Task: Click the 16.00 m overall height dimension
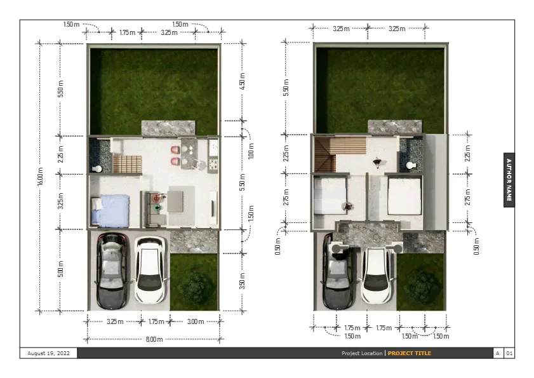[40, 177]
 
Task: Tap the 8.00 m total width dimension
[154, 339]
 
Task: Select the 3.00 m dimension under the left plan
[196, 321]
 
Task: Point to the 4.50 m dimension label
[242, 81]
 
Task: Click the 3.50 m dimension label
[242, 281]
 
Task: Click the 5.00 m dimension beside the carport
[60, 269]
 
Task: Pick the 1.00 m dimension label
[251, 151]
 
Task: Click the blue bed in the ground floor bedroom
[110, 211]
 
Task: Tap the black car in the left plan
[112, 271]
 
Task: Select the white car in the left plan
[150, 270]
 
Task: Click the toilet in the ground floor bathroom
[97, 169]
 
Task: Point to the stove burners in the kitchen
[213, 165]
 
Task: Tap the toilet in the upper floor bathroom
[411, 166]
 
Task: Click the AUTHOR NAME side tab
[509, 180]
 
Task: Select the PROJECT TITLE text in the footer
[410, 353]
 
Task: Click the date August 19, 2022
[48, 353]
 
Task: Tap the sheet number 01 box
[509, 353]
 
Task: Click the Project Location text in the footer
[362, 353]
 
